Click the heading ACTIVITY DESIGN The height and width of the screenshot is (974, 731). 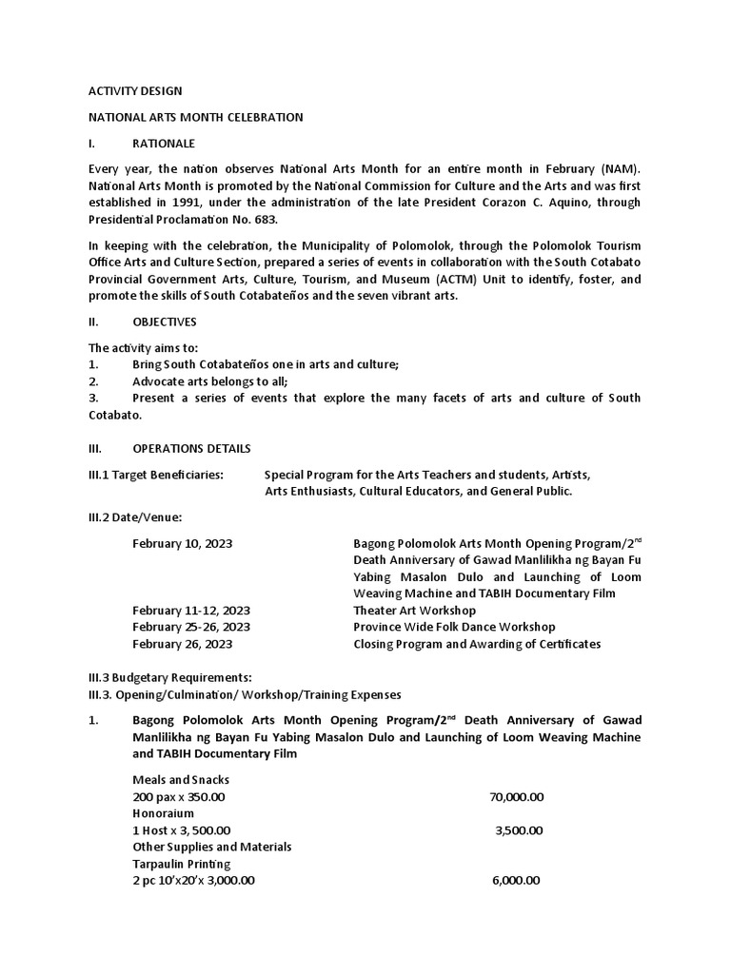[135, 91]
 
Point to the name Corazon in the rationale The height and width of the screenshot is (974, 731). [525, 203]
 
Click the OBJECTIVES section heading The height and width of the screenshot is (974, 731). [165, 322]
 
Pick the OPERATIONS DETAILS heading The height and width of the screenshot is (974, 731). [191, 448]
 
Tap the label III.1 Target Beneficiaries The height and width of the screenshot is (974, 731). [156, 474]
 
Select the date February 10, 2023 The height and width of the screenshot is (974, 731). [183, 543]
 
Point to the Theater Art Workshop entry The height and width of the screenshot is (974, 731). [414, 611]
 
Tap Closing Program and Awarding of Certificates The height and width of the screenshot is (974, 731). [477, 644]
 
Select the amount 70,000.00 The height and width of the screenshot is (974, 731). [516, 797]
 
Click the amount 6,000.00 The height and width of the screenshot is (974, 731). [516, 881]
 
